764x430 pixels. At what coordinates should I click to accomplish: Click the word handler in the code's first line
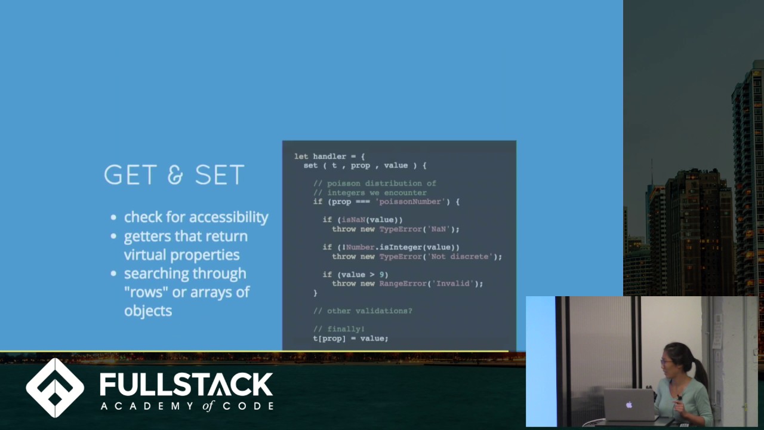click(x=329, y=156)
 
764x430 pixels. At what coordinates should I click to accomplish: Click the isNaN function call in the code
click(x=353, y=220)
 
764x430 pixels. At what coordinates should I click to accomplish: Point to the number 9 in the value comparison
click(x=382, y=275)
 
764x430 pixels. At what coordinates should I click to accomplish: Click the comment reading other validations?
click(x=363, y=311)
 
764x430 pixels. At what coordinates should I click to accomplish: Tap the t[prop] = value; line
click(x=350, y=339)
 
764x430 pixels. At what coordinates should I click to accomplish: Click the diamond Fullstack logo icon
click(x=55, y=388)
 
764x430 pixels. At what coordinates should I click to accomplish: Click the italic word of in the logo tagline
click(x=207, y=406)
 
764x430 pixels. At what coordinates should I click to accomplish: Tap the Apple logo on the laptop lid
click(x=629, y=405)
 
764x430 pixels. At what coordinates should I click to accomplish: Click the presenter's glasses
click(x=666, y=361)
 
